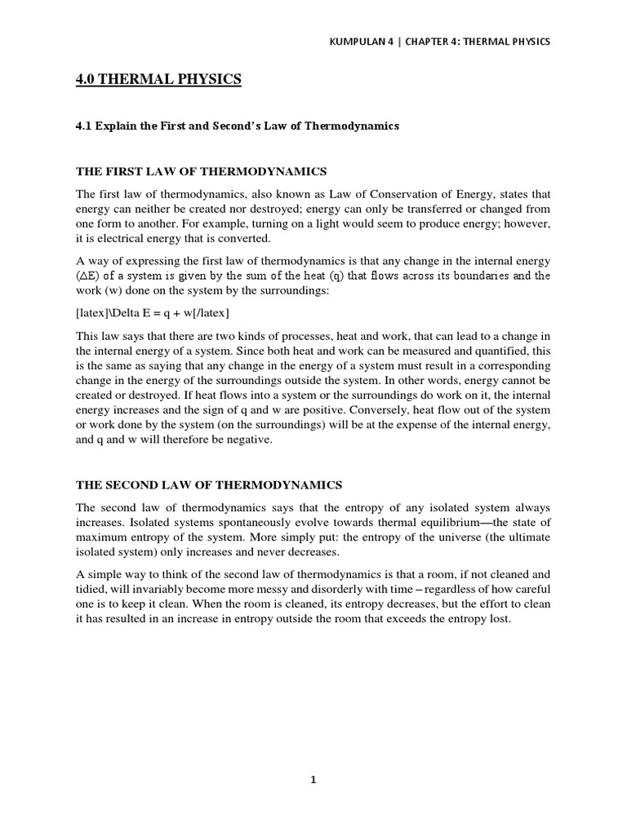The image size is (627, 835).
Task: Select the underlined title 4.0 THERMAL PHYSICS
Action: point(158,79)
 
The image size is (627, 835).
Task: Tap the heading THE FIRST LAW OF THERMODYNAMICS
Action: point(201,171)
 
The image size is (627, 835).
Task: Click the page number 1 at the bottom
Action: point(313,780)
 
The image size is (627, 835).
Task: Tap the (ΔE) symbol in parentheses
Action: point(91,276)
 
